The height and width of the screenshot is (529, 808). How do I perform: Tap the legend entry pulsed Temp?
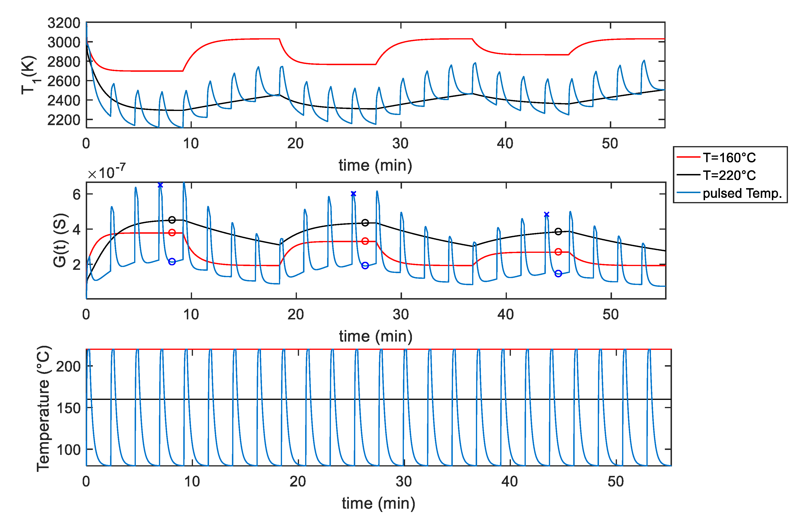tap(742, 193)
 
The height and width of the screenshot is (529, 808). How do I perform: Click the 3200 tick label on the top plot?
tap(64, 23)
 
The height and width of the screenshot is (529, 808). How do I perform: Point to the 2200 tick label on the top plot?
tap(64, 120)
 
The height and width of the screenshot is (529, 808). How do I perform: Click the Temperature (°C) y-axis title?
tap(43, 409)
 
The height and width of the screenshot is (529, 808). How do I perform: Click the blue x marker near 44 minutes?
tap(546, 214)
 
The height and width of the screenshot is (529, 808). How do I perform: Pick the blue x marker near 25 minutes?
tap(353, 194)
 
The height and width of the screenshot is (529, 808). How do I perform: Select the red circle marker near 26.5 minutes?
tap(365, 241)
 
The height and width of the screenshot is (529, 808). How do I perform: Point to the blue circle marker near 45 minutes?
tap(558, 274)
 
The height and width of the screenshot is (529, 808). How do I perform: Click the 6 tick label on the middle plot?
tap(77, 195)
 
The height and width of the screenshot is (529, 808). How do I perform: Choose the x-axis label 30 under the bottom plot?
tap(404, 482)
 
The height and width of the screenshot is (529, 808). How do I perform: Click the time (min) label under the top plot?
tap(375, 165)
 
